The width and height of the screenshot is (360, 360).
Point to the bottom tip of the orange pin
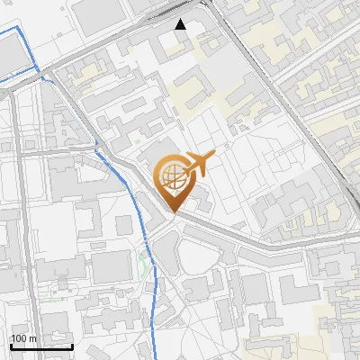click(x=173, y=212)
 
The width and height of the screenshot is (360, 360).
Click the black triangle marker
click(x=181, y=24)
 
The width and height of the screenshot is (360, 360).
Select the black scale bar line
click(x=41, y=346)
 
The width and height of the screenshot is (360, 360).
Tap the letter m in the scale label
click(x=33, y=338)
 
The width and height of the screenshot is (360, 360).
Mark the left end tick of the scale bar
click(x=11, y=345)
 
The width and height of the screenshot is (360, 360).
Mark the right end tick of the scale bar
click(x=72, y=345)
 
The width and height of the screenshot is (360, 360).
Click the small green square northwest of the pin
click(x=138, y=140)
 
